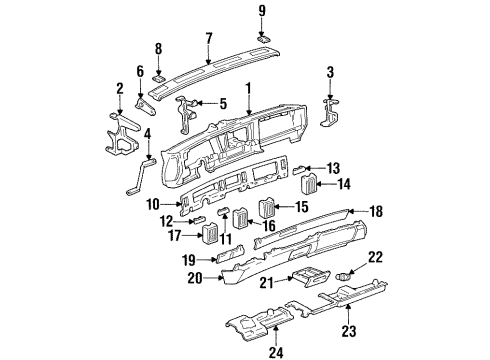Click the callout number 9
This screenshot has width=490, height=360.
tap(263, 11)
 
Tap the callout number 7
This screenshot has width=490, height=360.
tap(208, 40)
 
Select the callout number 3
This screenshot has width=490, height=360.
tap(329, 71)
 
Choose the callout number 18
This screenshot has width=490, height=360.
tap(377, 213)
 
